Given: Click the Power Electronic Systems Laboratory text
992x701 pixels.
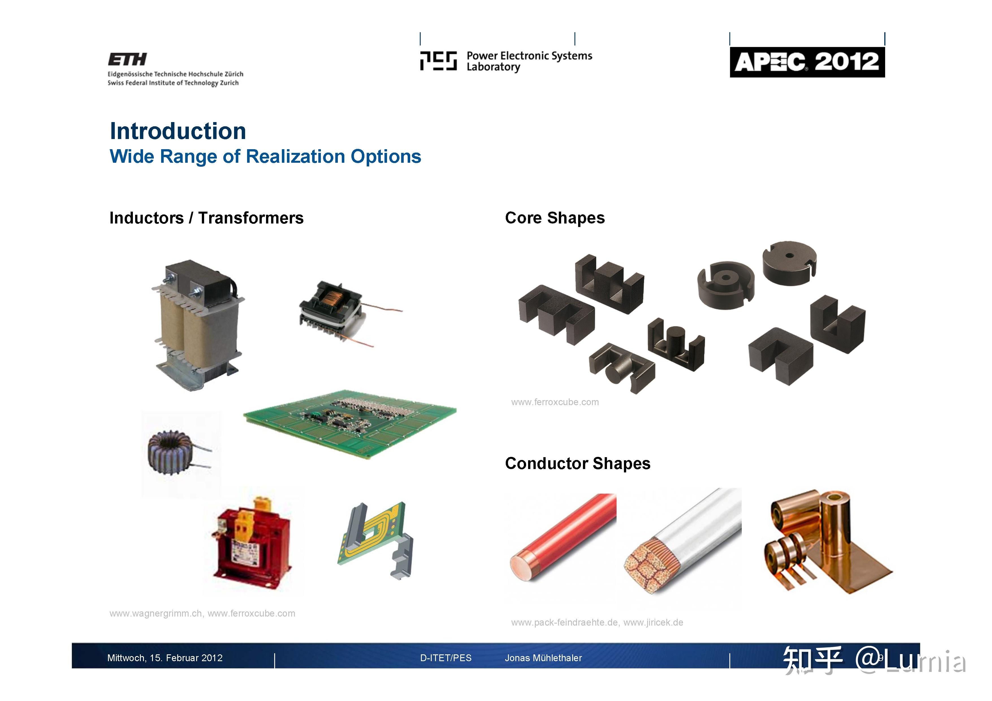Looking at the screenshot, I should [x=529, y=61].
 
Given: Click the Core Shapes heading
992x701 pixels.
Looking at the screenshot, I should [x=554, y=218].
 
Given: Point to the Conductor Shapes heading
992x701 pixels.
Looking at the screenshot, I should [x=577, y=463].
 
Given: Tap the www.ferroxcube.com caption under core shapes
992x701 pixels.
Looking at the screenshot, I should [x=555, y=402].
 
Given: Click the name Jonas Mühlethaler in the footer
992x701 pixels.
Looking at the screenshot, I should [x=543, y=658].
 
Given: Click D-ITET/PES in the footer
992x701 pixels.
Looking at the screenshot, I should [x=446, y=658].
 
